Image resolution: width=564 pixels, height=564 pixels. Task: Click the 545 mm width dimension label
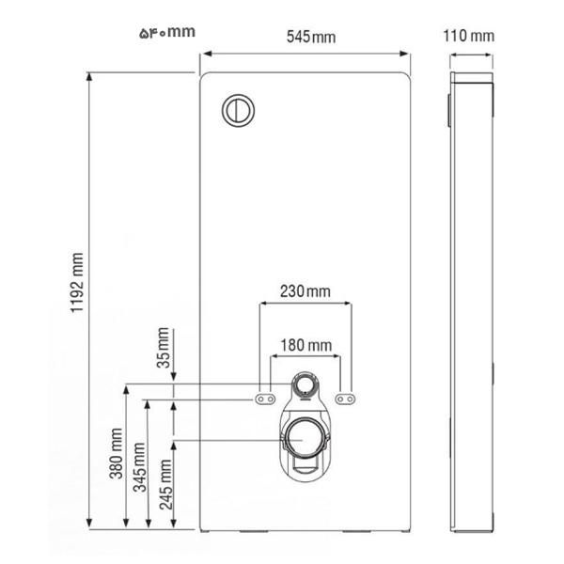click(x=311, y=37)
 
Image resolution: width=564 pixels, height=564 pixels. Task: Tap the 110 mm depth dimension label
click(x=469, y=36)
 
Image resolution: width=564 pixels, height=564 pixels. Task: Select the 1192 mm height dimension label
click(x=77, y=283)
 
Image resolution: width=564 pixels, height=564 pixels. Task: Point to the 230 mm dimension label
click(x=305, y=291)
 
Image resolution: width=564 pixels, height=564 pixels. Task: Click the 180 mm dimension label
click(x=306, y=345)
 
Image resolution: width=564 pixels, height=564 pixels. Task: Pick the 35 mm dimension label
click(x=163, y=348)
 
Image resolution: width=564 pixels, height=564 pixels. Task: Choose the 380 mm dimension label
click(x=117, y=454)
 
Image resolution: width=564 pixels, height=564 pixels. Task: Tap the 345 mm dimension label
click(x=140, y=467)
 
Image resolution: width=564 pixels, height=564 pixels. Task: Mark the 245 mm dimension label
click(x=165, y=484)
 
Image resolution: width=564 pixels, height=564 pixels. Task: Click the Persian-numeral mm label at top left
click(x=167, y=32)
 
